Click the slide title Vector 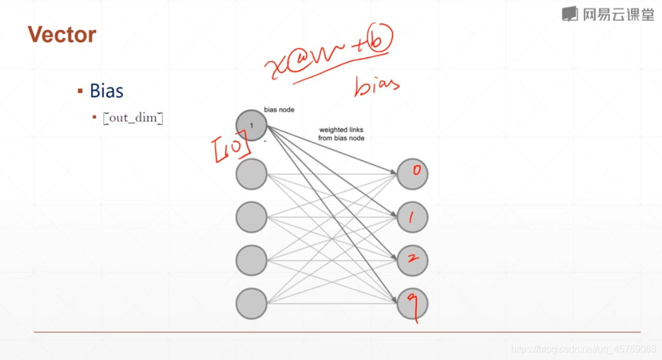[x=61, y=35]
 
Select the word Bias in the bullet [x=106, y=91]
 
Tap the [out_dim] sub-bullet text [x=133, y=118]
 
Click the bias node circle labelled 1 [x=251, y=125]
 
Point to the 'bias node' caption [x=279, y=110]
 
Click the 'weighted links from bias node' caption [x=341, y=134]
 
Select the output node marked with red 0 [x=412, y=173]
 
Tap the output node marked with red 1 [x=412, y=217]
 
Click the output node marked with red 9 [x=412, y=304]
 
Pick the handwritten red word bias [x=376, y=87]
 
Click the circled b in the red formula [x=382, y=42]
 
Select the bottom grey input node [x=251, y=304]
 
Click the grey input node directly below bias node [x=251, y=174]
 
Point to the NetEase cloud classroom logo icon [x=570, y=14]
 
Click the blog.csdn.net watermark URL [x=584, y=349]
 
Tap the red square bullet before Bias [x=80, y=91]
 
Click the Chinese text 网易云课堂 [x=618, y=14]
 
